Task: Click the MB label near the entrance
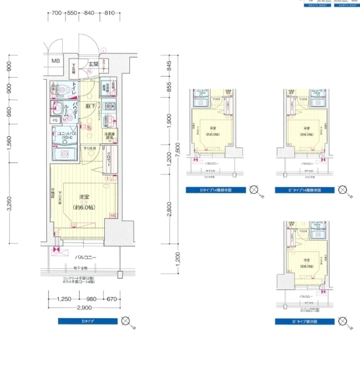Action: (x=56, y=61)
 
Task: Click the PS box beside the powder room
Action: (x=55, y=120)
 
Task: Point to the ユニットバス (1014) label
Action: (x=65, y=136)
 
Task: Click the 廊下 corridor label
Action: (x=90, y=107)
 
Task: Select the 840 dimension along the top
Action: (x=88, y=13)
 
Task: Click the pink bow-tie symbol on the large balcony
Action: (x=56, y=250)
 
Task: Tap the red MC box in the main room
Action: (x=113, y=215)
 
